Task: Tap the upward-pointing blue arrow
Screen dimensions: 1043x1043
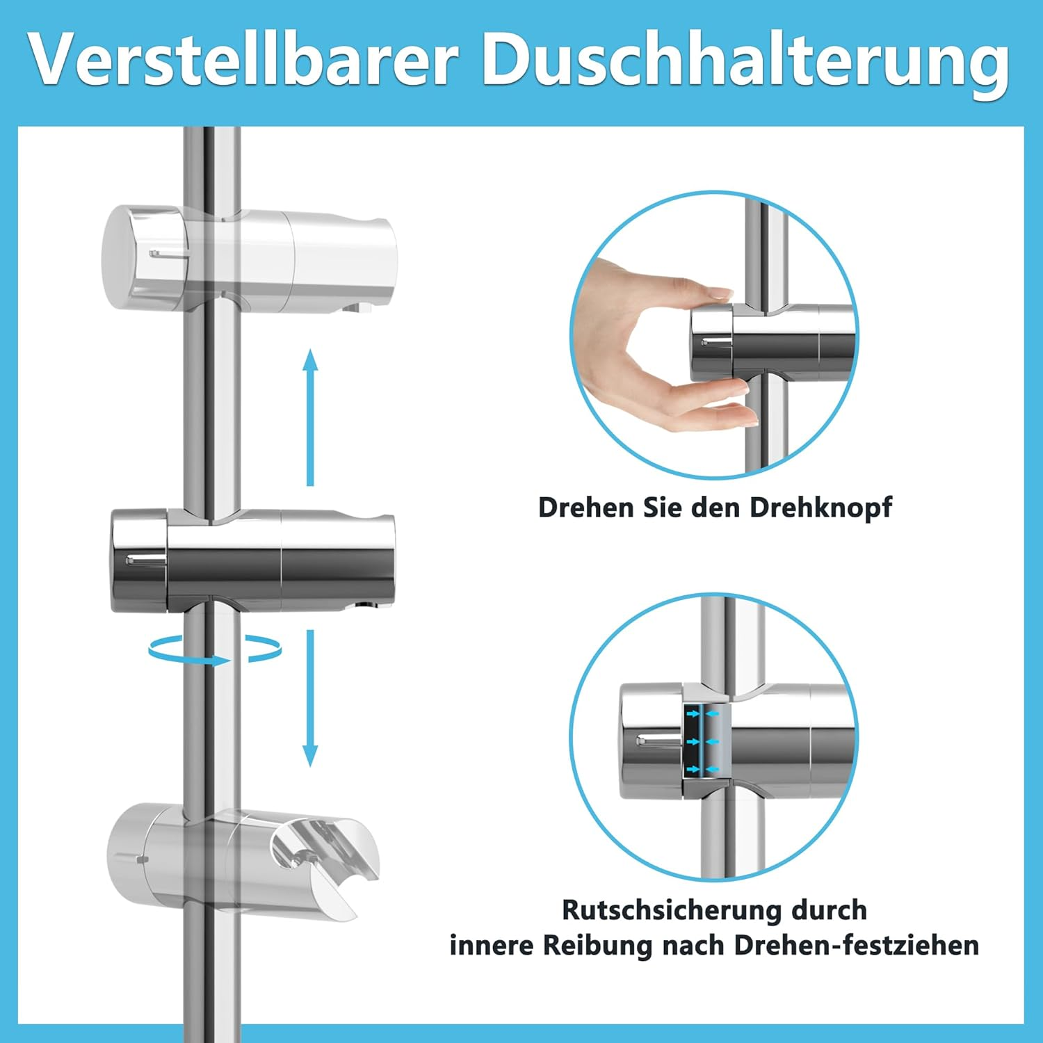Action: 310,417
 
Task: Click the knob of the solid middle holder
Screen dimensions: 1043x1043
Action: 138,560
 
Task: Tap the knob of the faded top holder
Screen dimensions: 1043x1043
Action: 143,254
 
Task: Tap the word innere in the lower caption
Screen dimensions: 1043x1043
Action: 491,946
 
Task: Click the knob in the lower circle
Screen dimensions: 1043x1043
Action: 650,741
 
